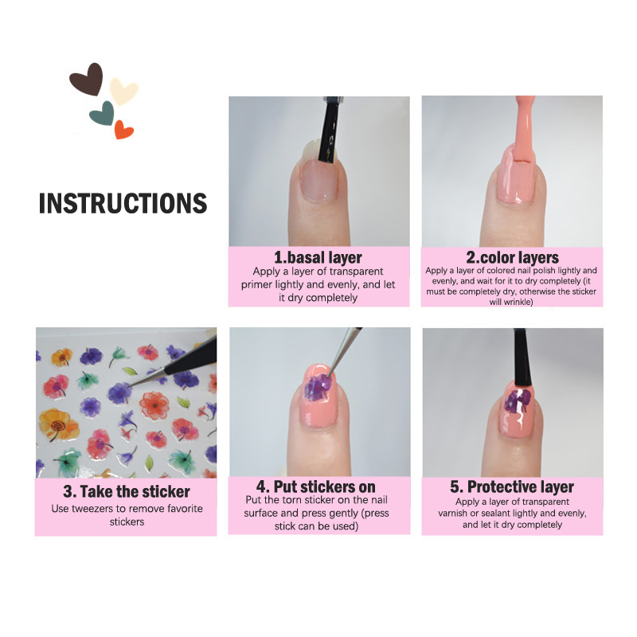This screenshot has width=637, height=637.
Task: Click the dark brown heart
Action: click(x=88, y=79)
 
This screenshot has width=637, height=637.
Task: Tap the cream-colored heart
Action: click(x=123, y=91)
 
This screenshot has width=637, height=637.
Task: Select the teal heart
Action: click(x=103, y=113)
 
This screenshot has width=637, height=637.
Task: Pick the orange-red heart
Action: click(x=123, y=130)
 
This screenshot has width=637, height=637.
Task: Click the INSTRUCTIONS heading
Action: click(x=123, y=203)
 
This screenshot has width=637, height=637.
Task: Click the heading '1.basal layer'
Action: click(x=318, y=257)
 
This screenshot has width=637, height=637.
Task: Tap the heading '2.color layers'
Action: click(x=512, y=257)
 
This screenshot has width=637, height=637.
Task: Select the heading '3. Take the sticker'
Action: click(x=127, y=491)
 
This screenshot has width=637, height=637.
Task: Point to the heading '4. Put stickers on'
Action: click(x=315, y=487)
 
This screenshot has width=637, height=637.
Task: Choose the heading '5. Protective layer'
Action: click(x=512, y=487)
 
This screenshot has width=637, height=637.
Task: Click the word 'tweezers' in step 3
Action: click(x=92, y=509)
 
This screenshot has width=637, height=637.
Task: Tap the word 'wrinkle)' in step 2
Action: click(x=511, y=302)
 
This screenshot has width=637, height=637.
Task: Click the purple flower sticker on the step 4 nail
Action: click(x=317, y=386)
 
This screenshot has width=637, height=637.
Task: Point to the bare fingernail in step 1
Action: click(x=320, y=180)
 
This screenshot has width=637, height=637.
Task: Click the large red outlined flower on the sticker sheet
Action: click(x=154, y=405)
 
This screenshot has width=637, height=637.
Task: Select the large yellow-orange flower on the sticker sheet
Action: click(x=57, y=425)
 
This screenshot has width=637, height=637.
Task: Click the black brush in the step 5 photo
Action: click(x=522, y=358)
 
